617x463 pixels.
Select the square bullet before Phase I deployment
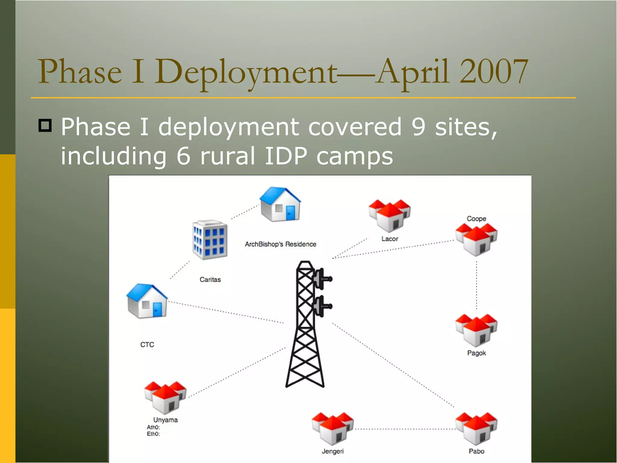pyautogui.click(x=45, y=125)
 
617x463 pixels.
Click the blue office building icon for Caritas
pyautogui.click(x=210, y=240)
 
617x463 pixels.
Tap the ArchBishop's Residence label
pyautogui.click(x=280, y=244)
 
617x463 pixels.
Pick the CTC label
pyautogui.click(x=147, y=345)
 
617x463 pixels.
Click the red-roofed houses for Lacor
pyautogui.click(x=390, y=215)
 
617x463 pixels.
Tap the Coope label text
pyautogui.click(x=476, y=219)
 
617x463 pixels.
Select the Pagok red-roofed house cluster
pyautogui.click(x=476, y=330)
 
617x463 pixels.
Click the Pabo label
pyautogui.click(x=476, y=451)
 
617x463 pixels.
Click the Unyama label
pyautogui.click(x=165, y=420)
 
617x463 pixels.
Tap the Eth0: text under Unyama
pyautogui.click(x=153, y=434)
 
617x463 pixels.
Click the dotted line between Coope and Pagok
pyautogui.click(x=476, y=285)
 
